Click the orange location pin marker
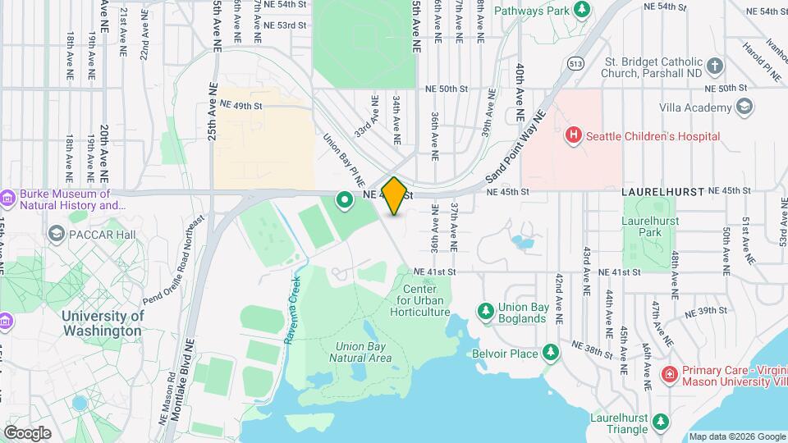pyautogui.click(x=394, y=196)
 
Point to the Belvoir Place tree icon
pyautogui.click(x=552, y=354)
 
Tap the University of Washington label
pyautogui.click(x=103, y=323)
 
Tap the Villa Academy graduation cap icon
pyautogui.click(x=744, y=107)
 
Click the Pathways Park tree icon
pyautogui.click(x=582, y=10)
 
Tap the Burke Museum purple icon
pyautogui.click(x=7, y=198)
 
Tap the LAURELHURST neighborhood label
pyautogui.click(x=663, y=191)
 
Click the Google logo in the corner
pyautogui.click(x=27, y=433)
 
